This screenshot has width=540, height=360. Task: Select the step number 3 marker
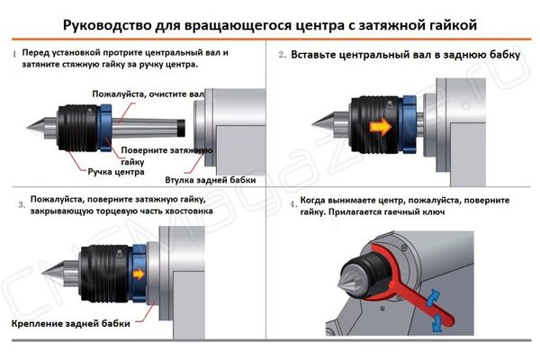pyautogui.click(x=21, y=204)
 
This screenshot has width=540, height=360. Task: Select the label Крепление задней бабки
pyautogui.click(x=72, y=323)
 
